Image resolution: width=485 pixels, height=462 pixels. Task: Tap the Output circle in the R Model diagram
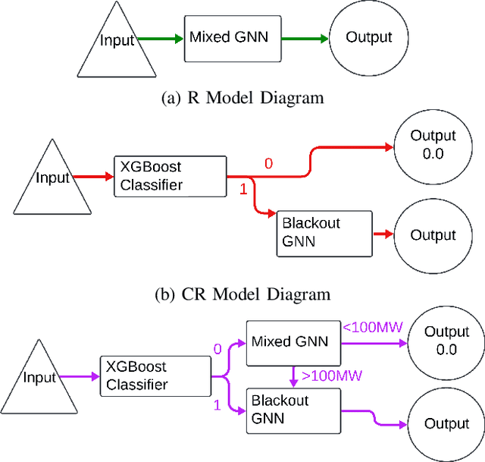coord(368,37)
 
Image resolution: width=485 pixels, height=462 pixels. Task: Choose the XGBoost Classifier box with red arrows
coord(170,176)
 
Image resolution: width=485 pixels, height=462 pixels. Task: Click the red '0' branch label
coord(268,163)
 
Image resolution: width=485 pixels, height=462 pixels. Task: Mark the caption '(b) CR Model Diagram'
coord(242,294)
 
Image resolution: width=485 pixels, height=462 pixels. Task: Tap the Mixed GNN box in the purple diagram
coord(292,342)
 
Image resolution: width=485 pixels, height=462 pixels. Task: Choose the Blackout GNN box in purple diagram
coord(292,410)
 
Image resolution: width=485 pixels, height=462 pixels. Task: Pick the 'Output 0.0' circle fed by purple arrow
coord(446,341)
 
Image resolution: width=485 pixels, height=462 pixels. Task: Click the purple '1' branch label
coord(217,406)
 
